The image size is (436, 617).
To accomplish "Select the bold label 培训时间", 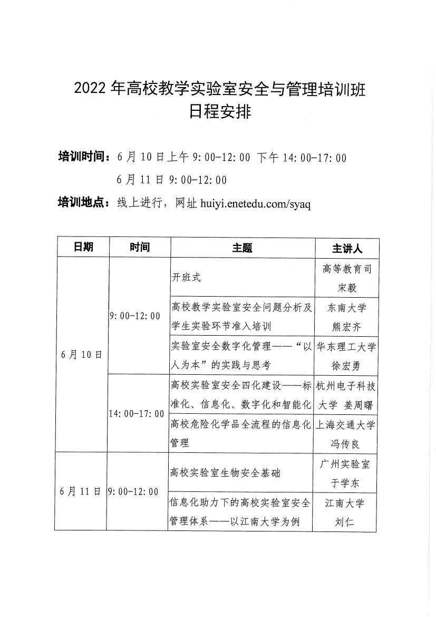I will (83, 157).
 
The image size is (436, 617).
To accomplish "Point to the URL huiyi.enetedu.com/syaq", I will (256, 204).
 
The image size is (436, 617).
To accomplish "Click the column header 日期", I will (83, 247).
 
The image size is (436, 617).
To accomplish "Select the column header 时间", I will (139, 247).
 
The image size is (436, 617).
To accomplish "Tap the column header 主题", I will (242, 248).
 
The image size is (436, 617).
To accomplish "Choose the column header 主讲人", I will (347, 248).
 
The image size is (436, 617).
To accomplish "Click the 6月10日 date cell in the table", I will (81, 354).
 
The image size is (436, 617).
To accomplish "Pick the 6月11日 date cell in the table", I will (81, 491).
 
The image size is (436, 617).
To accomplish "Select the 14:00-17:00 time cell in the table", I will (137, 414).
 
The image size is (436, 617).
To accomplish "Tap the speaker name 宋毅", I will (347, 288).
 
